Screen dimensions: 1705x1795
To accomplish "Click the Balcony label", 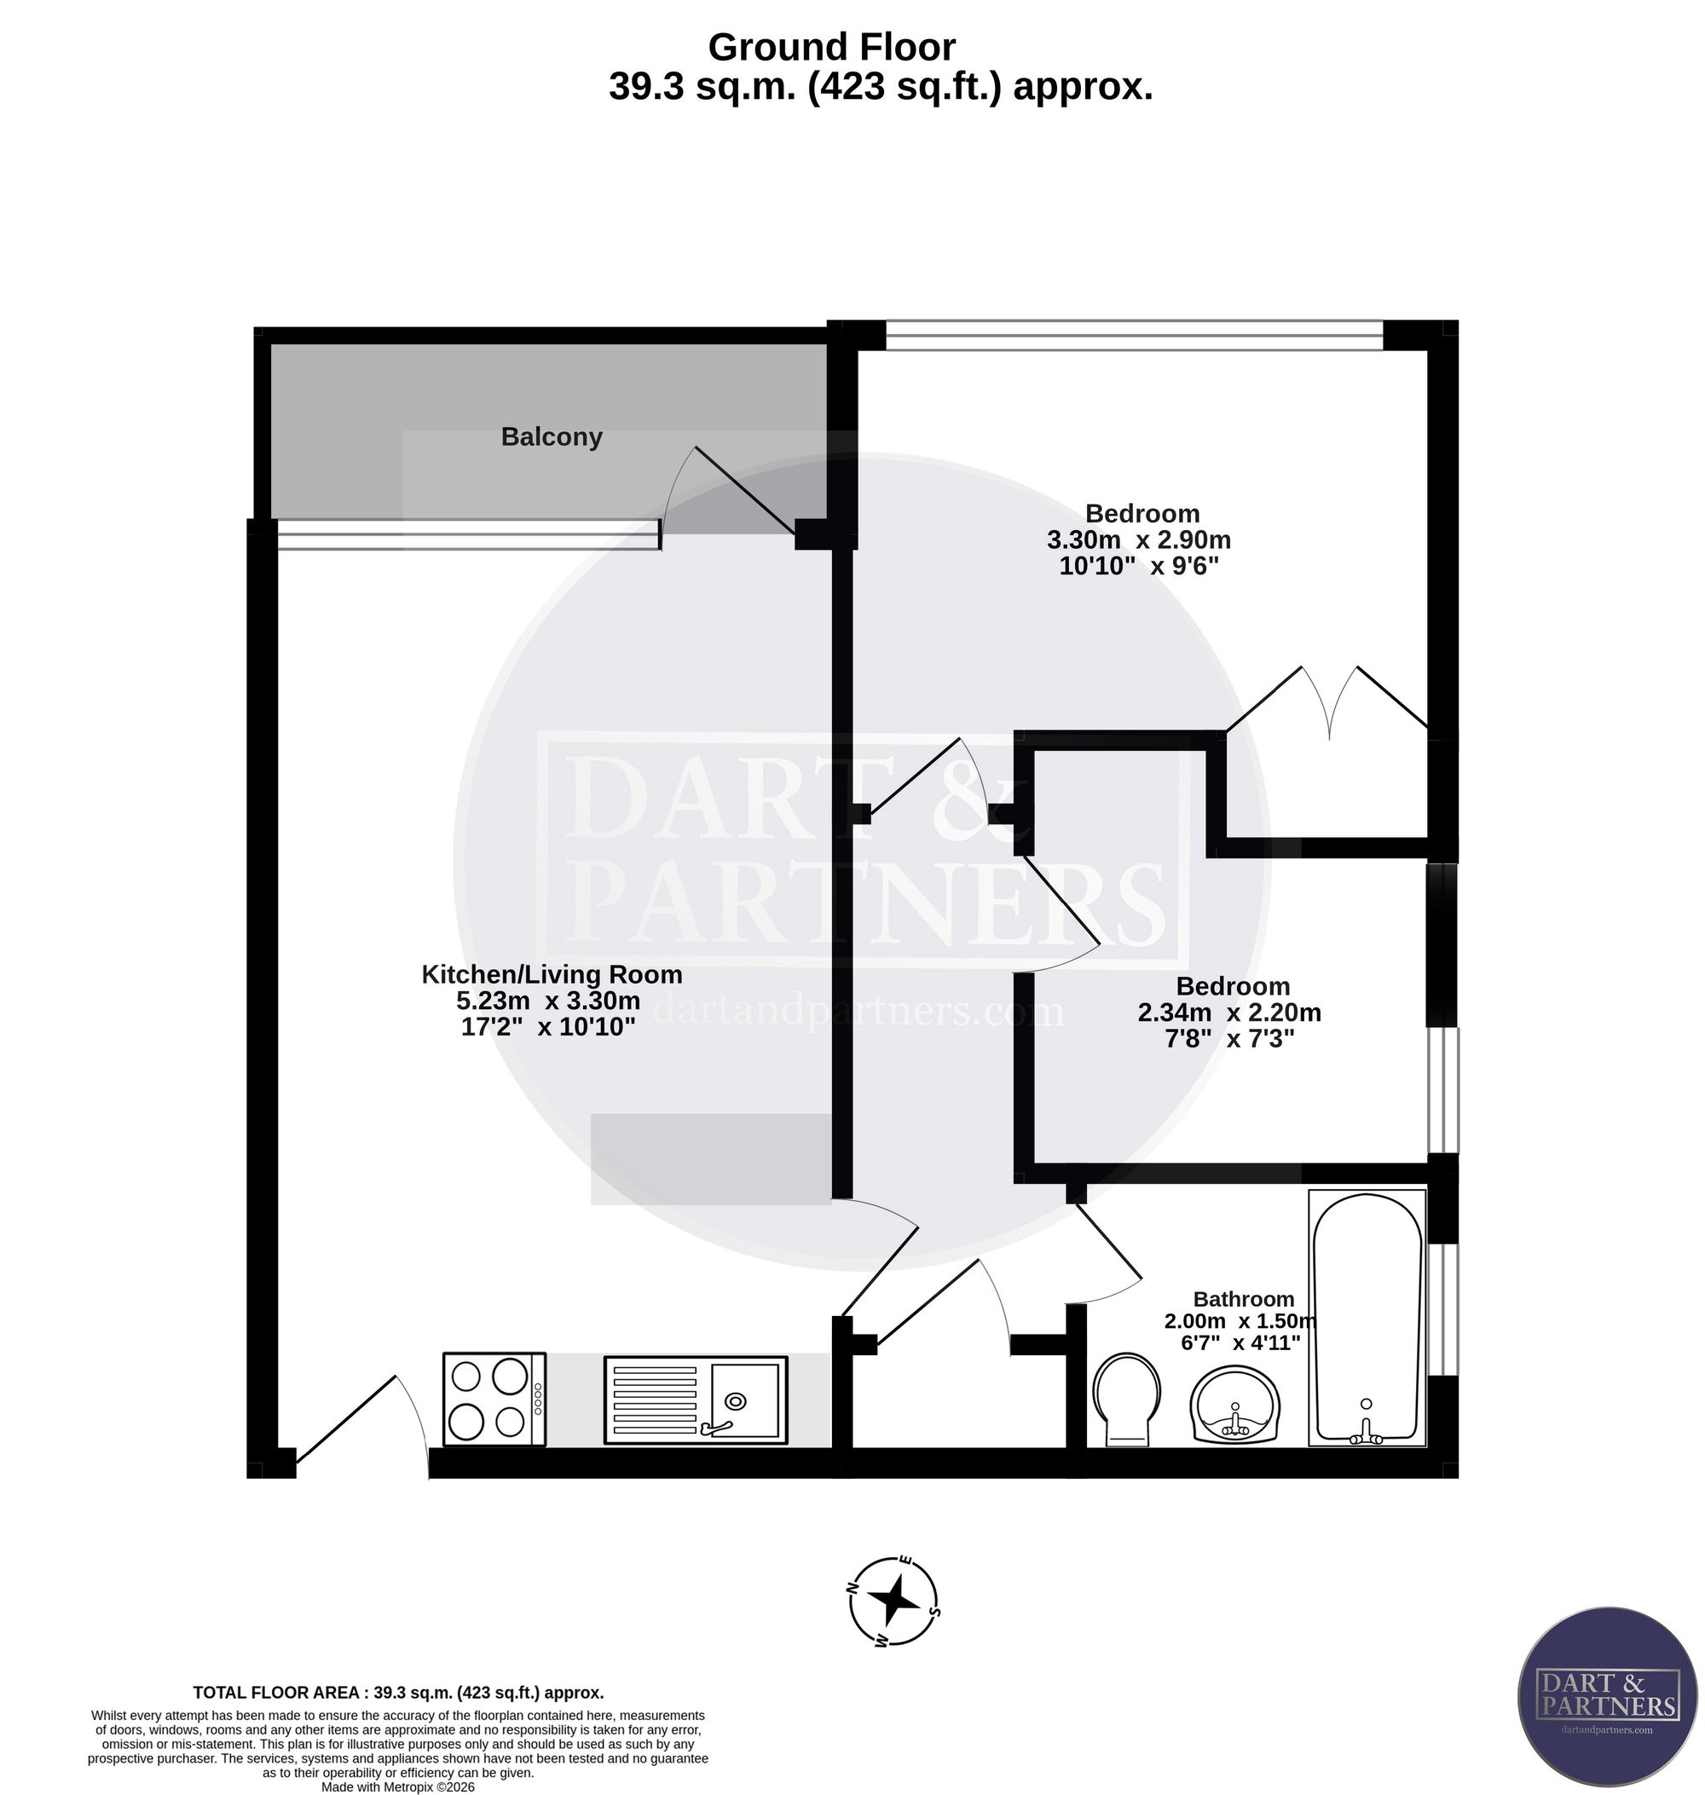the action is coord(552,438).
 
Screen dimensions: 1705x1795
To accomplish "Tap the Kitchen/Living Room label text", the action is coord(552,975).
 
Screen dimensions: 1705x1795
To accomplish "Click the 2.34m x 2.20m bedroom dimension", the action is coord(1233,1013).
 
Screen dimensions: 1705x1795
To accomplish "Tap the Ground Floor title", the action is coord(834,47).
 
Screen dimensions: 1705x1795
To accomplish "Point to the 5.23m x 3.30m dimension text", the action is coord(549,1001).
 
